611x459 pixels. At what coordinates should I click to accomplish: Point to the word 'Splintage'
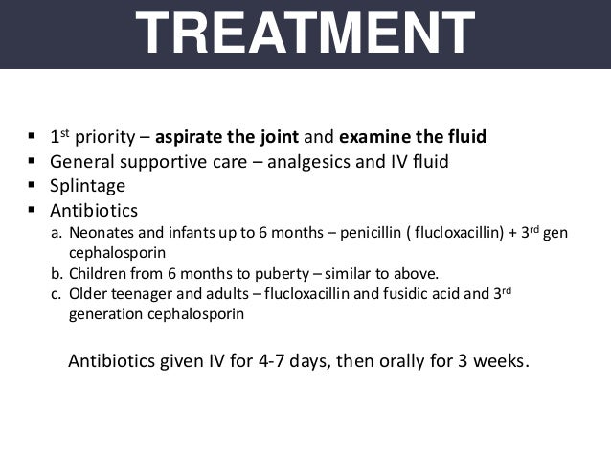click(x=87, y=185)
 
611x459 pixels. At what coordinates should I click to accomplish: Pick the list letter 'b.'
click(x=57, y=274)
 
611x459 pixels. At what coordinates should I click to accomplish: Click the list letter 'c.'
click(x=57, y=294)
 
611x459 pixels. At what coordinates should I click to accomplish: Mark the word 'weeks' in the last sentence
click(x=497, y=363)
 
